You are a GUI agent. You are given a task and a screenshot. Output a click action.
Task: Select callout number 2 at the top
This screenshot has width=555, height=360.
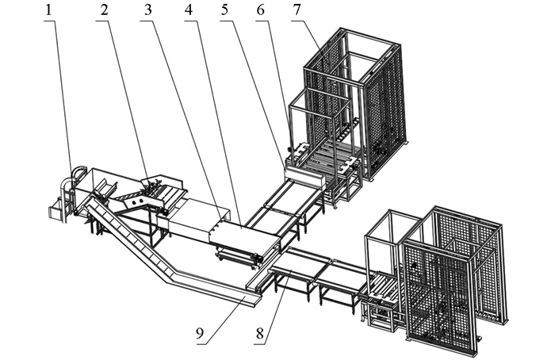(x=103, y=11)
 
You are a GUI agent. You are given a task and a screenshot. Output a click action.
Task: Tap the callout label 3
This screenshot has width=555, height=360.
(x=148, y=11)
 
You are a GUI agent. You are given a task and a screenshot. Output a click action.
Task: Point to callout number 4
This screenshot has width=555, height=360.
(x=189, y=11)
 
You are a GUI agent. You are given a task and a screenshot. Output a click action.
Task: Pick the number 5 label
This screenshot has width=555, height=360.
(x=228, y=11)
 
